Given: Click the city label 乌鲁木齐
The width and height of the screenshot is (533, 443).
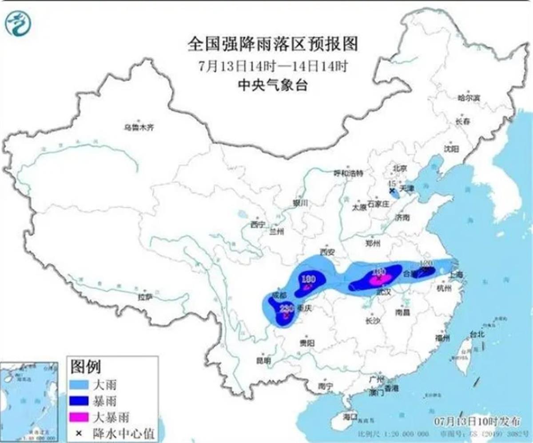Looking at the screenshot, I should coord(139,128).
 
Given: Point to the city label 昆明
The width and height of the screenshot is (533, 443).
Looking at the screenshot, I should coord(264,360).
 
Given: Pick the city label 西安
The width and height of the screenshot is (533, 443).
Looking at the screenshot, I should coord(327,252).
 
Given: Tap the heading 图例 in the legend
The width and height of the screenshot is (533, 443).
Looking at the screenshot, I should coord(86,367).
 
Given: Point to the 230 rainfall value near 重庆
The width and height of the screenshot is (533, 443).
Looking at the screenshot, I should coord(285,308).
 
